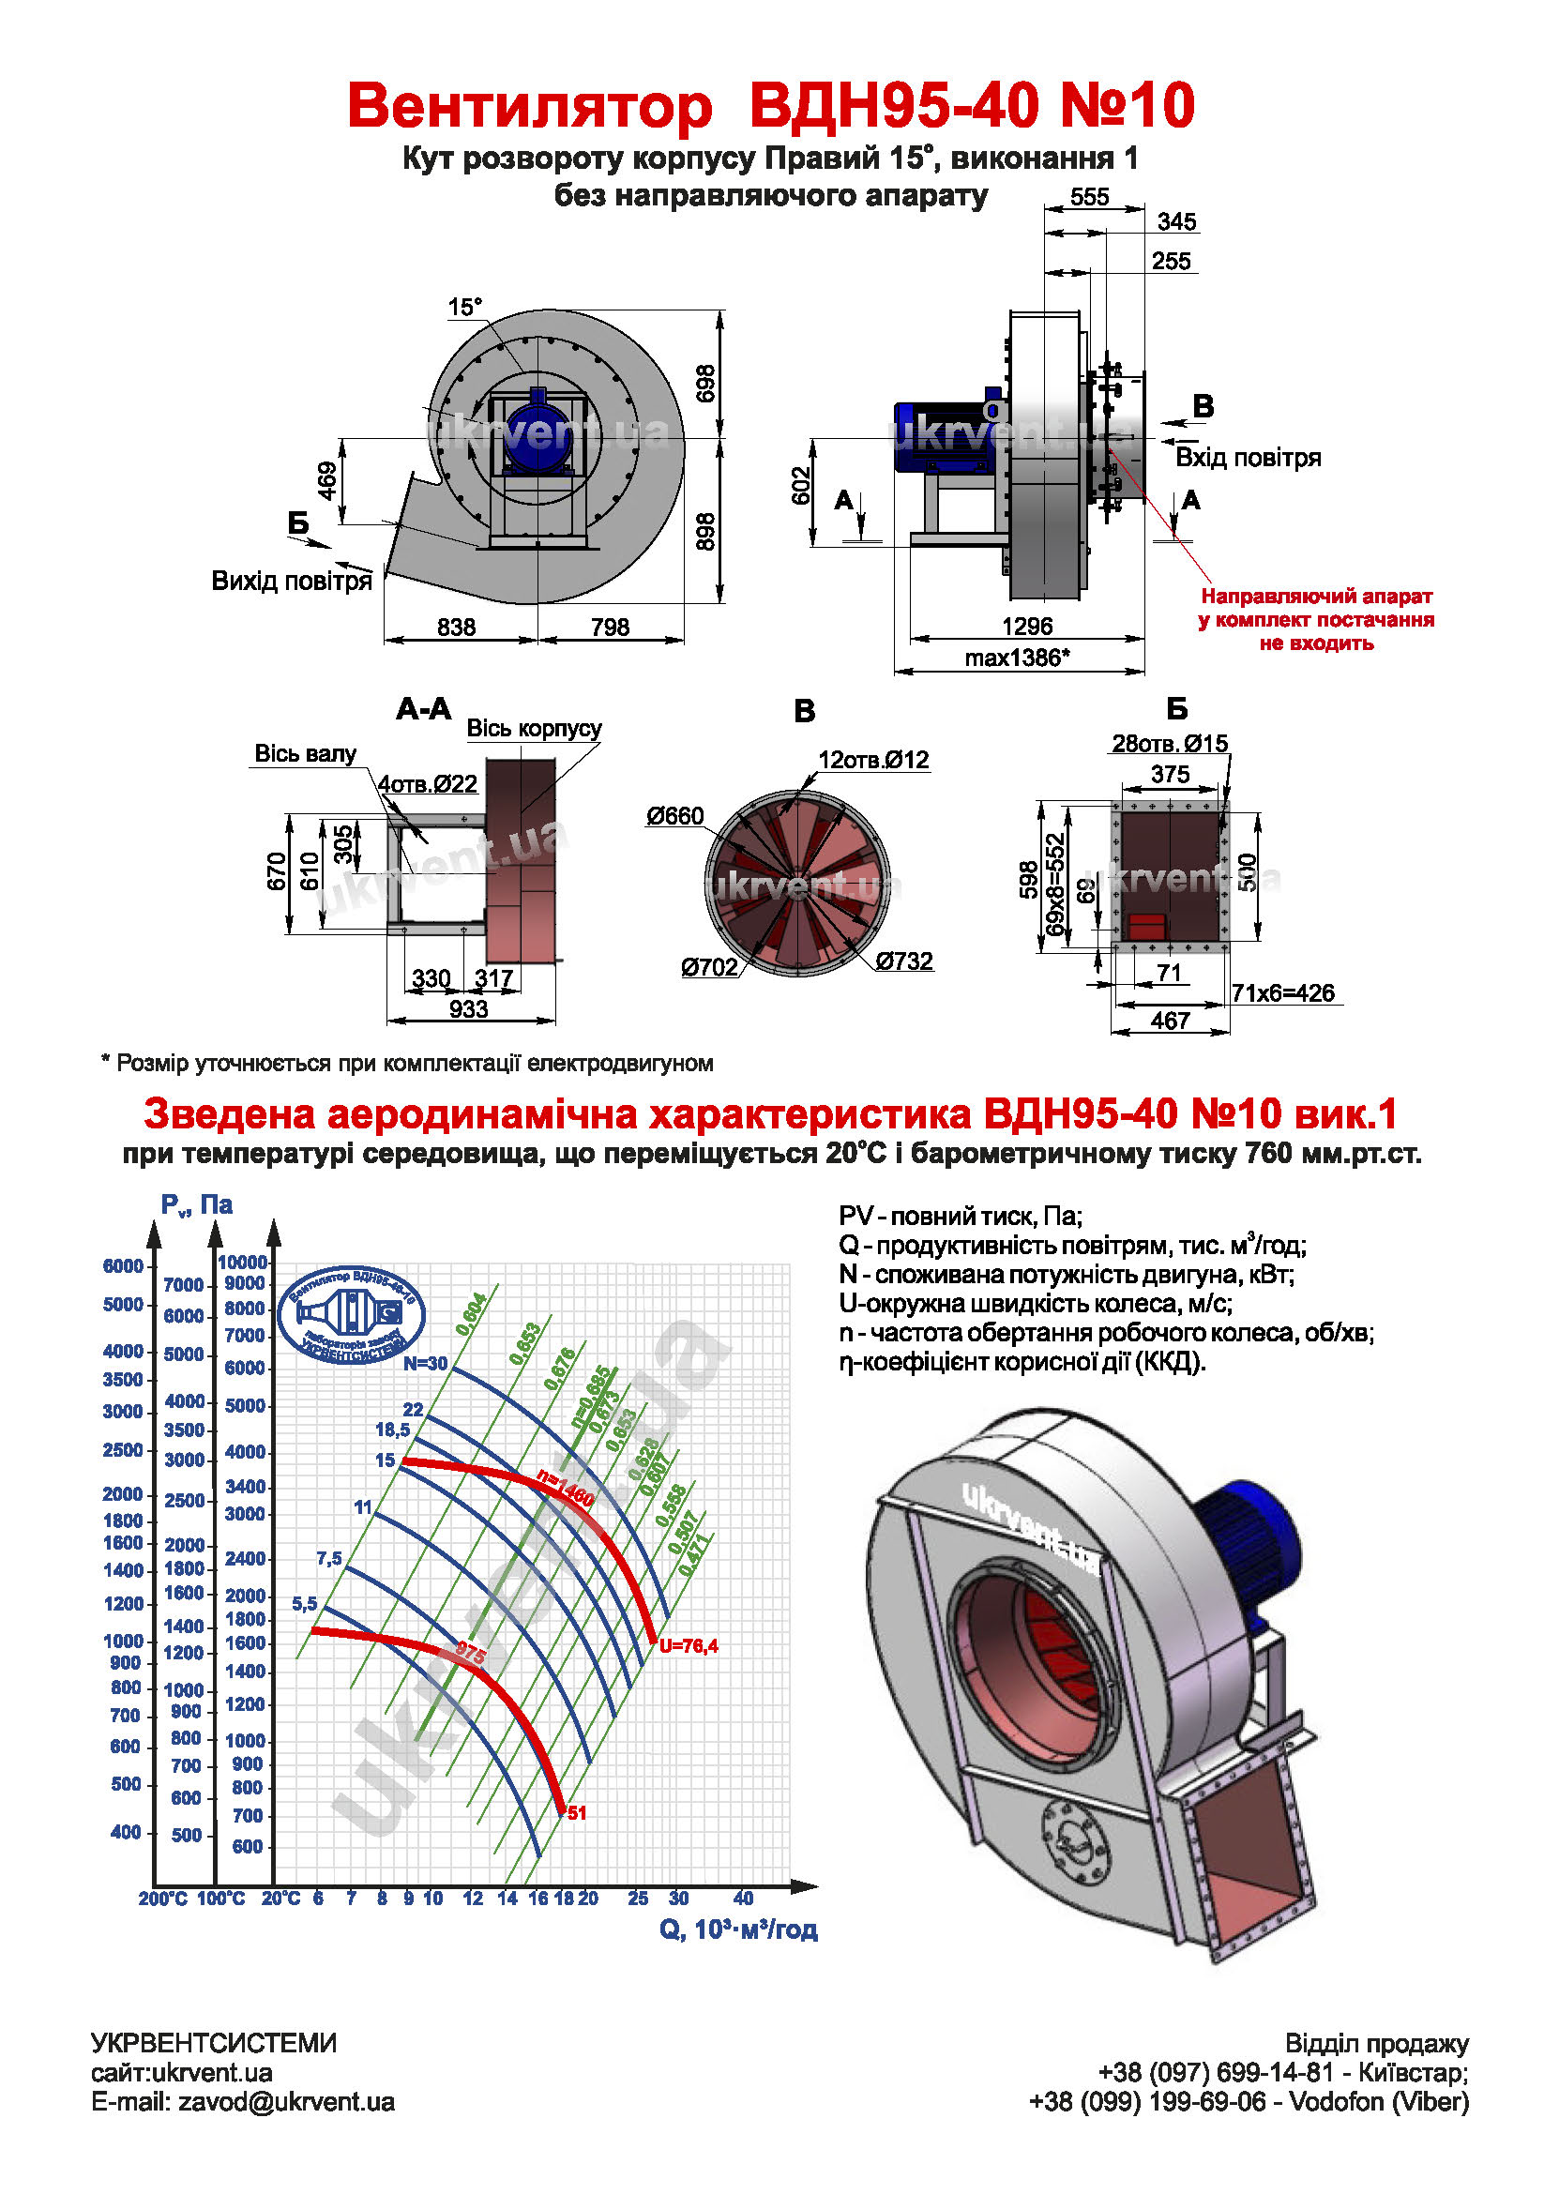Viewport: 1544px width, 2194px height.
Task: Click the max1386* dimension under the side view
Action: point(1017,658)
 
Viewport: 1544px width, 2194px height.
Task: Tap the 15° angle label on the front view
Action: point(465,308)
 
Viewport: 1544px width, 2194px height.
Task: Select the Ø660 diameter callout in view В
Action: point(674,816)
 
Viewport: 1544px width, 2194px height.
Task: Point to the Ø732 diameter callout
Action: point(904,961)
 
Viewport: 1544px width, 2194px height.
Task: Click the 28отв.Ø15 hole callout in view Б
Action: point(1170,744)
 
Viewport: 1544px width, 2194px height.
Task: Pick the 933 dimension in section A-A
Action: point(468,1009)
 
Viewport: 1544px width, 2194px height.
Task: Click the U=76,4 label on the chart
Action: point(688,1645)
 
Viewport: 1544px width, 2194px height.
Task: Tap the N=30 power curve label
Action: point(425,1364)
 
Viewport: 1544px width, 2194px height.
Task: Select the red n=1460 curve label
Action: point(566,1489)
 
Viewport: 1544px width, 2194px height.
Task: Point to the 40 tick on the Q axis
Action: point(743,1898)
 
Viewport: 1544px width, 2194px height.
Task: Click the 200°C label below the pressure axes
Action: point(162,1899)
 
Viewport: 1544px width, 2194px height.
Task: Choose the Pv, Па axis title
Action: point(197,1205)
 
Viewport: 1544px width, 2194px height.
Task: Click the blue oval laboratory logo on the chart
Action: point(352,1316)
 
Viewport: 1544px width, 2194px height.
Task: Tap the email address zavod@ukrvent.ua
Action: point(286,2101)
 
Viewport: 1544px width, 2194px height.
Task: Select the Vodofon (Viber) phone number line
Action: point(1249,2101)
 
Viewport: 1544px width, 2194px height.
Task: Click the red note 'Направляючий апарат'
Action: point(1317,597)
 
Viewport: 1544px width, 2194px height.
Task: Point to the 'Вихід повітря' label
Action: point(292,581)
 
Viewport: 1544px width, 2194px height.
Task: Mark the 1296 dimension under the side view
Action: point(1027,626)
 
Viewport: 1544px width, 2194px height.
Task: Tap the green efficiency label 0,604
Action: point(472,1313)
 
